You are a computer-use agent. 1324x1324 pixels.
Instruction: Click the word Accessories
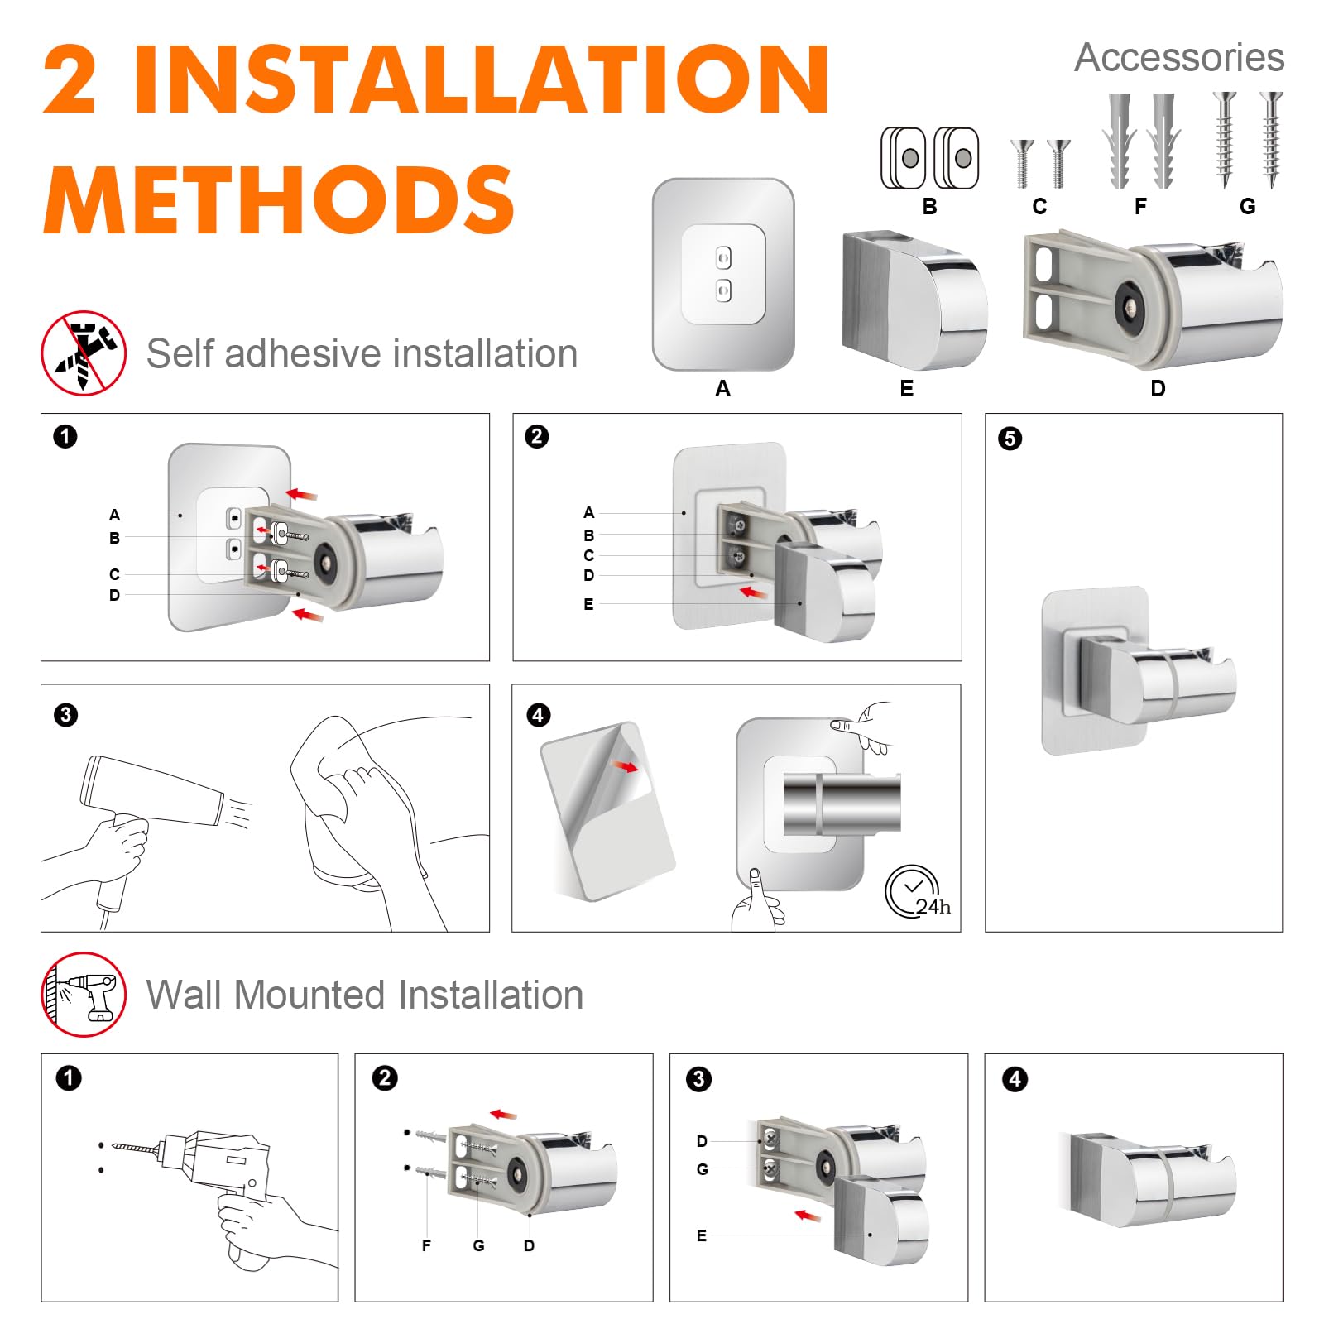click(x=1179, y=58)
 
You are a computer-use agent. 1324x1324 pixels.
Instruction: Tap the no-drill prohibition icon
click(x=84, y=353)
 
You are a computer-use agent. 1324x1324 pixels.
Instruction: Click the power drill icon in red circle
click(x=84, y=994)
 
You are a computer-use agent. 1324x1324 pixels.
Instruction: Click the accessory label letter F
click(x=1140, y=207)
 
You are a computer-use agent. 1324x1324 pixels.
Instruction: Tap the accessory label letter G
click(x=1248, y=207)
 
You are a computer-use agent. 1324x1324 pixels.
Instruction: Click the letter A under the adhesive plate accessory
click(x=722, y=388)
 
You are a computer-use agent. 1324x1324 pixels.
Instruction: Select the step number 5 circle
click(x=1010, y=438)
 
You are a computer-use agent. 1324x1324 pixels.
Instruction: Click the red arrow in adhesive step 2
click(x=752, y=592)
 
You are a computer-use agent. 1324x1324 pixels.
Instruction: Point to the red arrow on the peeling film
click(x=626, y=766)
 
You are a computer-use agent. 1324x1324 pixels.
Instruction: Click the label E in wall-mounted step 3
click(x=702, y=1235)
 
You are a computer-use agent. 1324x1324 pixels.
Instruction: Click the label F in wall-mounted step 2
click(x=426, y=1245)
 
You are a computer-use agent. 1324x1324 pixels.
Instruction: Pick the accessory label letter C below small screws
click(x=1039, y=207)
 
